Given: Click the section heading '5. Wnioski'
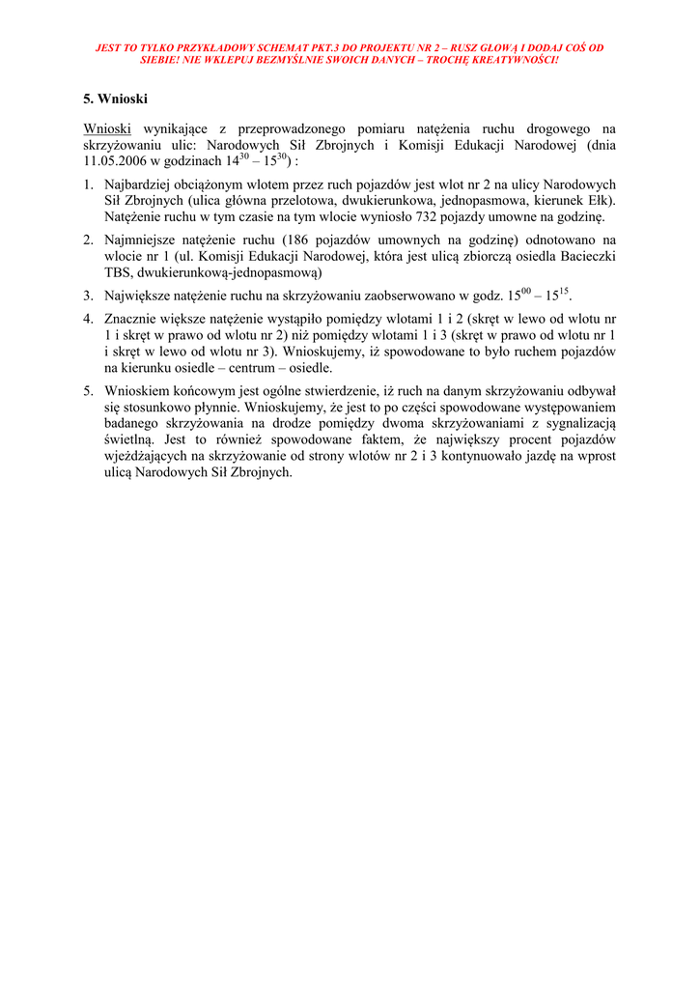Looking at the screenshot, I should click(x=115, y=98).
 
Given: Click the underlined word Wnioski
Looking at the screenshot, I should click(x=106, y=127).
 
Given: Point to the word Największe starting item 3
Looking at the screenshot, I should click(x=138, y=296).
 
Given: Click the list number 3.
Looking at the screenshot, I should click(x=87, y=296).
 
